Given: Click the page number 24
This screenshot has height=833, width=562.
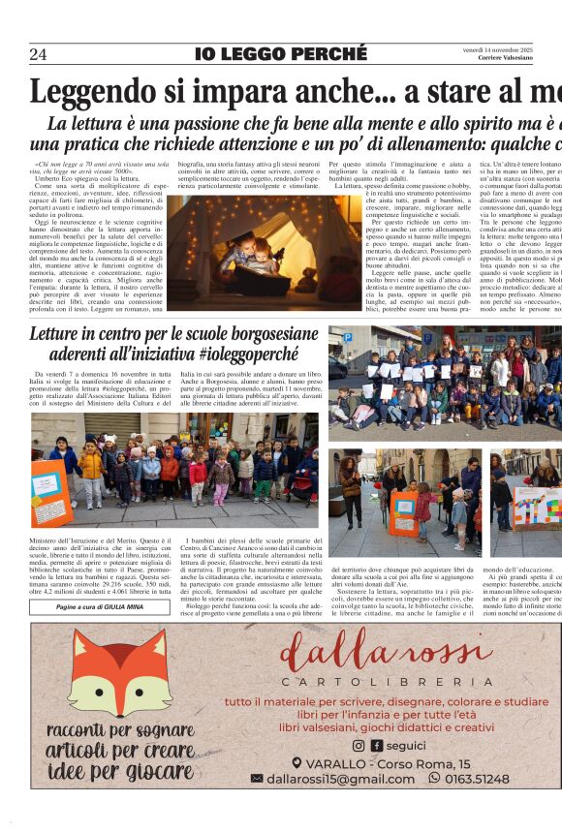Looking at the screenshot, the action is click(38, 54).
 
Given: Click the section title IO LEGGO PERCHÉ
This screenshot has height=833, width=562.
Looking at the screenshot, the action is click(280, 54).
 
